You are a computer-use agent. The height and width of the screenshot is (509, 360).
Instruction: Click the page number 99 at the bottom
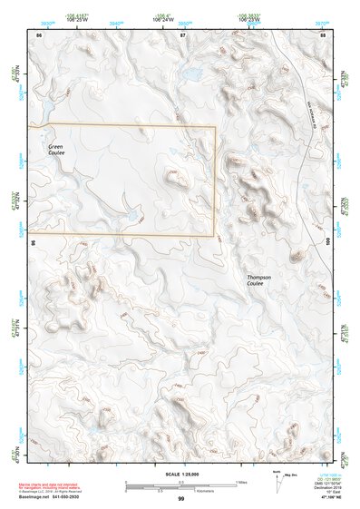tap(180, 498)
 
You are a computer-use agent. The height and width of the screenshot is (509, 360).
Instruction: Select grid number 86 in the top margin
tap(38, 34)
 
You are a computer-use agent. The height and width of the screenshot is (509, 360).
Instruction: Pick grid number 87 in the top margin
tap(181, 34)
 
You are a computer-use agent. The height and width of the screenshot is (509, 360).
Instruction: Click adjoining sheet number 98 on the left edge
tap(33, 243)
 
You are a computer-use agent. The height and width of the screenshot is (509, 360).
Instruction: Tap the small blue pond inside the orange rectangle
tap(133, 216)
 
